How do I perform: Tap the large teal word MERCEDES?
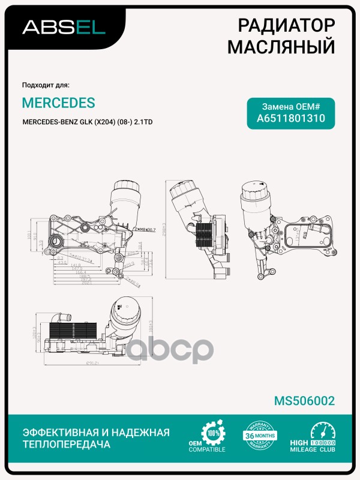pyautogui.click(x=58, y=103)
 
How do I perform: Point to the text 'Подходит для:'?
pyautogui.click(x=46, y=85)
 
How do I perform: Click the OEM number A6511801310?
pyautogui.click(x=291, y=118)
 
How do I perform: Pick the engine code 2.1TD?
pyautogui.click(x=143, y=122)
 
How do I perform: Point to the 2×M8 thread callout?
pyautogui.click(x=143, y=229)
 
